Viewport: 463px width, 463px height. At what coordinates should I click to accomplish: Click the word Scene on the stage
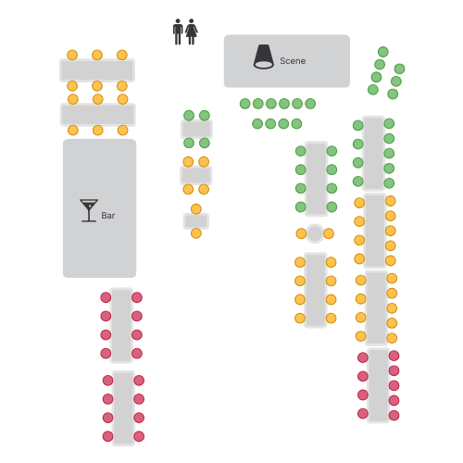(x=293, y=61)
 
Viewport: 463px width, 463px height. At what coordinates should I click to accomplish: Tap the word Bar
(x=108, y=216)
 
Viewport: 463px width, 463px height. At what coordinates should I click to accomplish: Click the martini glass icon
(x=89, y=210)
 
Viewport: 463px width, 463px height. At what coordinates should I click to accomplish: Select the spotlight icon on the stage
(x=264, y=56)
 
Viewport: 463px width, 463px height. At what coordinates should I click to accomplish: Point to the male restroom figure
(x=178, y=31)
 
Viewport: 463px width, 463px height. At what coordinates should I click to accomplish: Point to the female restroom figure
(x=192, y=31)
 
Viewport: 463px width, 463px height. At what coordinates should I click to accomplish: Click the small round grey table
(x=315, y=233)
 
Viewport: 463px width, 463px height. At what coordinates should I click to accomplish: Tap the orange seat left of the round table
(x=301, y=233)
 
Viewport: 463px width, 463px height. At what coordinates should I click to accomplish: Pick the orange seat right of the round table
(x=329, y=233)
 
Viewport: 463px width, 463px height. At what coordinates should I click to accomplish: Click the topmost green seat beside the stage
(x=383, y=52)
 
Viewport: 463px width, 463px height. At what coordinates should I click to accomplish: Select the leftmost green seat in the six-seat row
(x=245, y=104)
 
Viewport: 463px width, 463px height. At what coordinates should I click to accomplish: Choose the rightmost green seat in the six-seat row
(x=310, y=104)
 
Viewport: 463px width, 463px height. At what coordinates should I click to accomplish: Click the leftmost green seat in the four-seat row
(x=257, y=124)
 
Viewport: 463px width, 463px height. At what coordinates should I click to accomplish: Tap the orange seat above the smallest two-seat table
(x=196, y=209)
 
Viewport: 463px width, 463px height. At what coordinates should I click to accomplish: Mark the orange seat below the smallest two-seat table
(x=196, y=233)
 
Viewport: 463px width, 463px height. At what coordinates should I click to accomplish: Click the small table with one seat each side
(x=196, y=221)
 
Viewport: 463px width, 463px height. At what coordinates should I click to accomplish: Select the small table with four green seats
(x=196, y=129)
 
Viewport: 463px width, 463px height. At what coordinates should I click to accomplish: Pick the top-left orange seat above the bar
(x=72, y=55)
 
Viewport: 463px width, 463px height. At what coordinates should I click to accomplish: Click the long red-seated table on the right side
(x=379, y=385)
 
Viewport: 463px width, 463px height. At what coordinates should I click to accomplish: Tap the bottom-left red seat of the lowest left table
(x=107, y=436)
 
